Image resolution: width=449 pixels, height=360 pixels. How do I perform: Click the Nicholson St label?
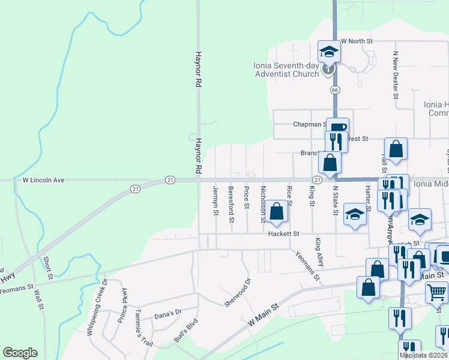(x=263, y=204)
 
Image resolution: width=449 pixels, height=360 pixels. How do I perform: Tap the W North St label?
(x=357, y=41)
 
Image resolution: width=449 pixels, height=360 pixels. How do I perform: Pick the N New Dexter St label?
(x=396, y=74)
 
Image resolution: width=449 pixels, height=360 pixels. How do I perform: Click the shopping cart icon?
(x=436, y=292)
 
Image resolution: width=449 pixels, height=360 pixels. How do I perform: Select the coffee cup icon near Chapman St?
(x=337, y=127)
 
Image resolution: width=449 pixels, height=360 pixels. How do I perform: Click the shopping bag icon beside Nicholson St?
(x=276, y=211)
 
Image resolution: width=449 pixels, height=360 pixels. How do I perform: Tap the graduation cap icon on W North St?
(x=328, y=51)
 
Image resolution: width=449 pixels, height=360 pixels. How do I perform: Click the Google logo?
(x=20, y=353)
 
